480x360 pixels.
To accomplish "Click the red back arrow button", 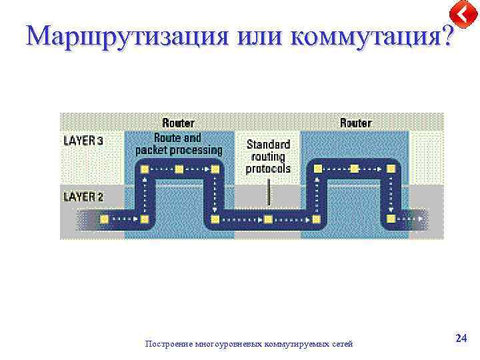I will [462, 13].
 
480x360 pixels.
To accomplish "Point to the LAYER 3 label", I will [83, 141].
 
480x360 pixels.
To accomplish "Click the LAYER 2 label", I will [83, 197].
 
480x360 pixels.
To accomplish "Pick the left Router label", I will [178, 123].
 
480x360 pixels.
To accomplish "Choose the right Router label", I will [355, 123].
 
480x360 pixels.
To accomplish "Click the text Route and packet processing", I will [178, 144].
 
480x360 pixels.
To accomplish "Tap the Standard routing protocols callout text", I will [268, 156].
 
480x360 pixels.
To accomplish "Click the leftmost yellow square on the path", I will [104, 219].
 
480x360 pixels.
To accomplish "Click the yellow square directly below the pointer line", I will [268, 219].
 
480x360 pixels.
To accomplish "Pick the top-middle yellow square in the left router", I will [179, 169].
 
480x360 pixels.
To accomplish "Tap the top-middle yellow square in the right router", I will [355, 169].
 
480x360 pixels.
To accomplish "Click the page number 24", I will [461, 339].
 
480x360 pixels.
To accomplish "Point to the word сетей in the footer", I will [342, 344].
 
